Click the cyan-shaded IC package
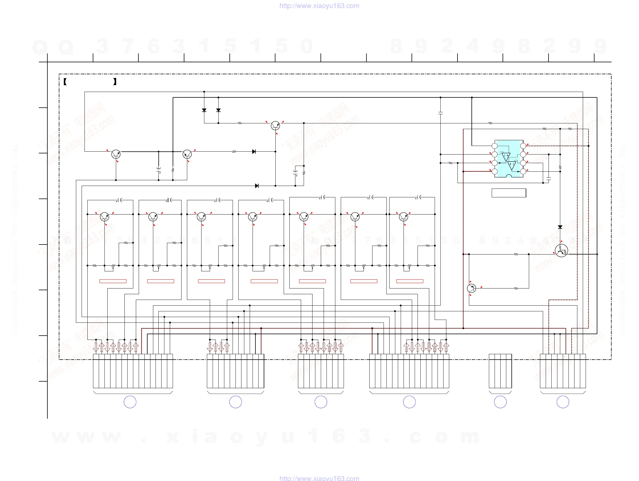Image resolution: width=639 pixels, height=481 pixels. click(x=509, y=159)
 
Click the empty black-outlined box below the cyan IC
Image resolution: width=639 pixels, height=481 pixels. click(x=509, y=193)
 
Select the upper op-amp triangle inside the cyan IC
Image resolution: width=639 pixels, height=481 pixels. click(x=506, y=157)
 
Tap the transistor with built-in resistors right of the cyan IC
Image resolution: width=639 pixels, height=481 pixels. click(x=561, y=250)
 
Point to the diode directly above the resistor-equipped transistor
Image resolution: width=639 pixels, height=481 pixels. click(x=560, y=227)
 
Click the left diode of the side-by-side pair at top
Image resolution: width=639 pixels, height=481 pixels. click(x=204, y=110)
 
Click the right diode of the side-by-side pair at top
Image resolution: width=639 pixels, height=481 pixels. click(x=218, y=110)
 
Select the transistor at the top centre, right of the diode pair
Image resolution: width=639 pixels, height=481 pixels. click(x=275, y=125)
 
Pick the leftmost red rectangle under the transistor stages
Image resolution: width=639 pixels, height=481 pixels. click(x=113, y=281)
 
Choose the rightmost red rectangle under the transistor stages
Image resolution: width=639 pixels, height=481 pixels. click(x=410, y=281)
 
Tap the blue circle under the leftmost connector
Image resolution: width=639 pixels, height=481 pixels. click(x=130, y=402)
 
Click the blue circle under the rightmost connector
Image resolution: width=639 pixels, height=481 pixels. click(x=563, y=402)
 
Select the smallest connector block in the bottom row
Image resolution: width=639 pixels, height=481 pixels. click(x=500, y=371)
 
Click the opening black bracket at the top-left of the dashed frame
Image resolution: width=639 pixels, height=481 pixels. click(x=65, y=82)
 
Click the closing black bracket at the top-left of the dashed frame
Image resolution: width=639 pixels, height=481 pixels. click(x=115, y=82)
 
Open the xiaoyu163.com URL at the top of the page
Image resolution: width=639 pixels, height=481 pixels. click(x=319, y=6)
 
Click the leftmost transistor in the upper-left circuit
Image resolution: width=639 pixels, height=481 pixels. click(x=116, y=154)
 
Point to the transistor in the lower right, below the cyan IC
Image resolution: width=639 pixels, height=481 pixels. click(x=471, y=288)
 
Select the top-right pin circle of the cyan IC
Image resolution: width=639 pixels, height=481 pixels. click(x=523, y=146)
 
